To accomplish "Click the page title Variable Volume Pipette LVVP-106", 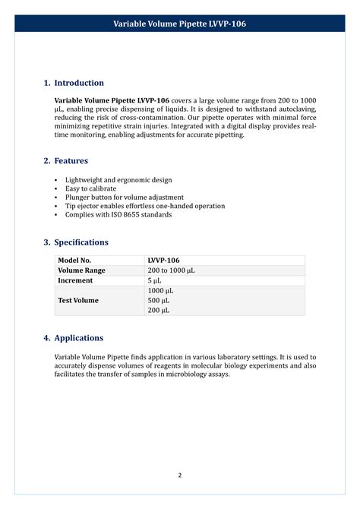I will [180, 24].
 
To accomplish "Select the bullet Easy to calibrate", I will [90, 188].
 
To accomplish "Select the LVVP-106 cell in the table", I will [163, 261].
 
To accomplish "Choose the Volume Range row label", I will [82, 270].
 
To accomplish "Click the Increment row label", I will [75, 280].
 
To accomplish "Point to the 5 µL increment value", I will [155, 280].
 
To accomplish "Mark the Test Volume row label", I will [78, 300].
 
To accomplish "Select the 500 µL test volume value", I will [159, 300].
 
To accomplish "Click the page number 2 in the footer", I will [180, 476].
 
